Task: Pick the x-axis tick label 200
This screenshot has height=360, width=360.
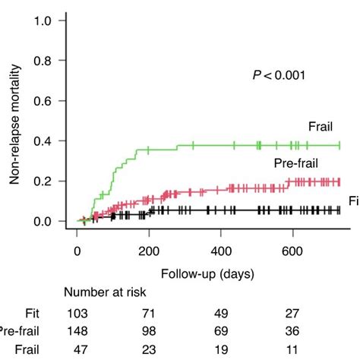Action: click(150, 252)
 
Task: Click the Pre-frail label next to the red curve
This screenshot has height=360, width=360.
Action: click(295, 164)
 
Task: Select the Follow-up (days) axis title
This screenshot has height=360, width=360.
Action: click(207, 272)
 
